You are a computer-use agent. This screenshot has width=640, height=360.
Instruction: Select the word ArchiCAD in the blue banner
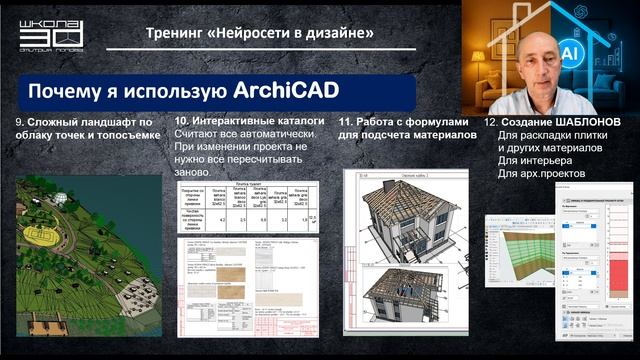click(x=288, y=90)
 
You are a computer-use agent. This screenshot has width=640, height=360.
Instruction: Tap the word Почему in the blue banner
click(x=63, y=91)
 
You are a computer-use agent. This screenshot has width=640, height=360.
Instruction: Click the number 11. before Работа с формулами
click(x=345, y=121)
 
